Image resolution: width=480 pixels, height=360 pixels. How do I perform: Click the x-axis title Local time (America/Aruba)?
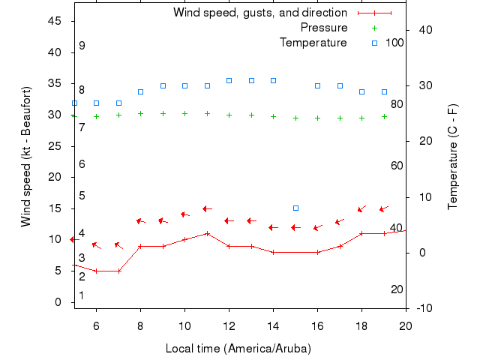click(238, 349)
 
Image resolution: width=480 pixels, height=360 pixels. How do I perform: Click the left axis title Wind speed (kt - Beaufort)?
click(26, 157)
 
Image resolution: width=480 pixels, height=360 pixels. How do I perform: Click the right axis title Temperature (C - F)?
click(453, 157)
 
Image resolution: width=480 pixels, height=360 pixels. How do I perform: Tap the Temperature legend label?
click(313, 42)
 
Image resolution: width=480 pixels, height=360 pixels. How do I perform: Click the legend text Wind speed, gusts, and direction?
click(259, 13)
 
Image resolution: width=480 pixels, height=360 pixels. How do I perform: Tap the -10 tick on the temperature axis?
click(423, 308)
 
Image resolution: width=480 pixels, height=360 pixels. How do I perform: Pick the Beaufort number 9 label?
click(82, 46)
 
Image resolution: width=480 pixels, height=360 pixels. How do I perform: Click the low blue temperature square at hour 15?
click(295, 208)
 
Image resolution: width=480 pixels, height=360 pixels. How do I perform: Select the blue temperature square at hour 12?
click(229, 80)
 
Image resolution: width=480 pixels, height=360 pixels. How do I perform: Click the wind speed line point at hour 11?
click(207, 233)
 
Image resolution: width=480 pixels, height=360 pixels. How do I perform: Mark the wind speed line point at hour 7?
click(118, 271)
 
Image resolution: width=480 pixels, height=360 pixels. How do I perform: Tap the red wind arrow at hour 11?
click(207, 208)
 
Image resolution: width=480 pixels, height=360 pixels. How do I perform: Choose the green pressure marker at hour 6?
click(96, 116)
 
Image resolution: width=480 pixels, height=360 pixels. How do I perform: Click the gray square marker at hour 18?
click(361, 91)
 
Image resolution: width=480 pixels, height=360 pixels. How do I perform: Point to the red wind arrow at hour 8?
click(140, 221)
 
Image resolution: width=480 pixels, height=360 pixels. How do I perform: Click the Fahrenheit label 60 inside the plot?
click(397, 166)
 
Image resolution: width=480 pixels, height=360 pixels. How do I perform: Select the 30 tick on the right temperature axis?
click(422, 85)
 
